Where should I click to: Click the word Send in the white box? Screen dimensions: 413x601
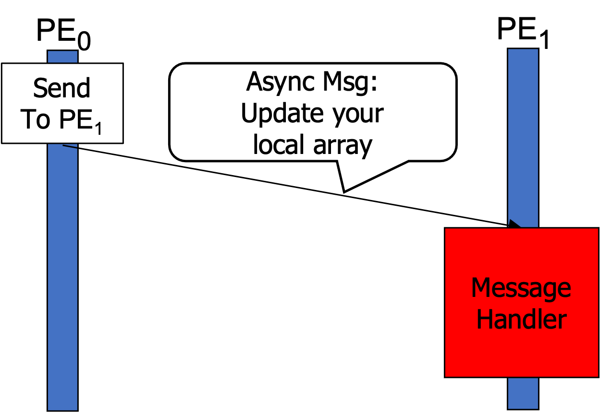point(62,89)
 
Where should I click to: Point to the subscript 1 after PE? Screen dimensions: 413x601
point(98,129)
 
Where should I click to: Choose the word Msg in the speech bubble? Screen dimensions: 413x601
point(343,83)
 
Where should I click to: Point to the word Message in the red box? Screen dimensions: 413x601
point(521,288)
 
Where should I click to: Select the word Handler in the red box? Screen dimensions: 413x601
point(521,319)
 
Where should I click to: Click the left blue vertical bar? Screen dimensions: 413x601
point(62,269)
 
